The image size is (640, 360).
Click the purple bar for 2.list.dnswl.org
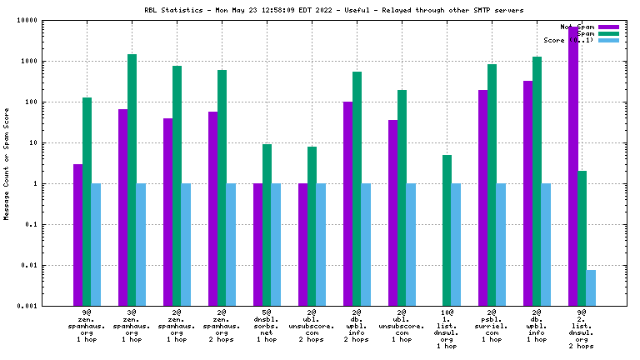click(x=573, y=167)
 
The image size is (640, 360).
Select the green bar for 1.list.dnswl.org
click(x=447, y=230)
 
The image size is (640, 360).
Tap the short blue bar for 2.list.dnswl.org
click(x=591, y=287)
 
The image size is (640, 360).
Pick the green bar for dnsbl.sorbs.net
click(x=267, y=225)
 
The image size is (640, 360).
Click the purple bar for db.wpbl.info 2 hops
click(x=347, y=203)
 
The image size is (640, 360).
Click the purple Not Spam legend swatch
click(x=608, y=27)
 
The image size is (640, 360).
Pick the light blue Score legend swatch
click(x=608, y=40)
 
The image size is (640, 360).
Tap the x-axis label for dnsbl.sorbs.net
click(x=267, y=325)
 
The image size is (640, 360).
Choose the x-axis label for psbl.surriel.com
click(x=492, y=325)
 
